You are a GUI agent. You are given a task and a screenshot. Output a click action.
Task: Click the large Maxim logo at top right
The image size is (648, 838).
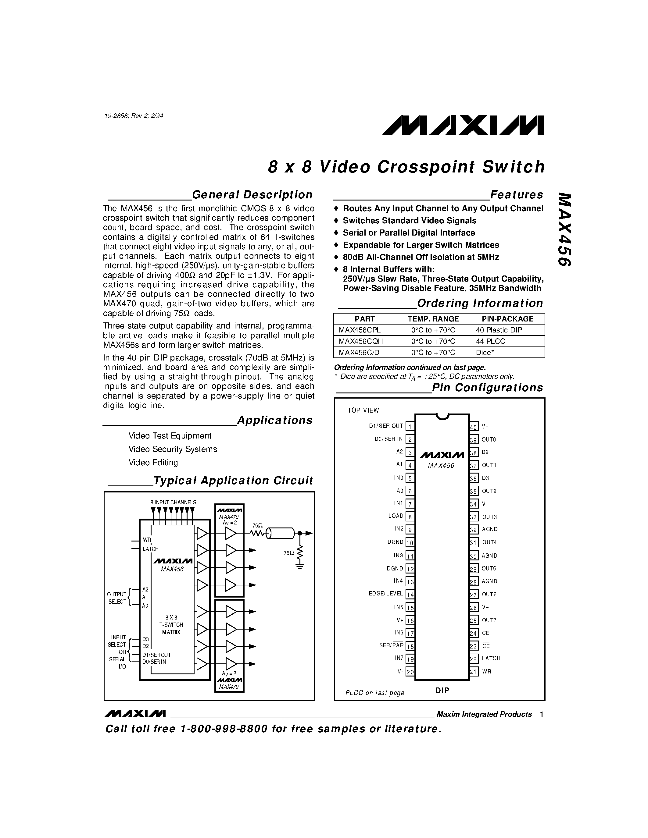(463, 126)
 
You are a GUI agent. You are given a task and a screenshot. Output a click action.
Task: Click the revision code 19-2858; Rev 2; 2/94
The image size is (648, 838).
(134, 115)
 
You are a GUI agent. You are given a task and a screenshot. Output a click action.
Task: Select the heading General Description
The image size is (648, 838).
(252, 195)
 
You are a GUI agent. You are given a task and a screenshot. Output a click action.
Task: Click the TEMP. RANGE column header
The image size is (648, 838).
(433, 319)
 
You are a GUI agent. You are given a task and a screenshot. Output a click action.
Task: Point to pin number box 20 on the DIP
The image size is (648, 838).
(410, 672)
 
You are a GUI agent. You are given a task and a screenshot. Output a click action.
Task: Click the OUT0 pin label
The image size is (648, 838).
(489, 440)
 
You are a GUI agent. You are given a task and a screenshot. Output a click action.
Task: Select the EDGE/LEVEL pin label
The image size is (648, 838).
(385, 594)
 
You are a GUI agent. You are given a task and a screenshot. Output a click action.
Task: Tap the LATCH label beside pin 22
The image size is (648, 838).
(491, 659)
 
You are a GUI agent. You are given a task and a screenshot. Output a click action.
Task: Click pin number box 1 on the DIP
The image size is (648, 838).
(410, 427)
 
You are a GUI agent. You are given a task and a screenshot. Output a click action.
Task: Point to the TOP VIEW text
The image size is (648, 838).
(363, 410)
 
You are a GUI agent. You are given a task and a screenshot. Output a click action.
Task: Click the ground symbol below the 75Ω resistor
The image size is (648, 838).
(300, 566)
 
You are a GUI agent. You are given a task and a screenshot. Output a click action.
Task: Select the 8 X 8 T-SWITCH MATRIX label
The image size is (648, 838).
(171, 625)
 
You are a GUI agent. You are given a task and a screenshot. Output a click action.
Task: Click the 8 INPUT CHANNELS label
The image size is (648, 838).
(173, 502)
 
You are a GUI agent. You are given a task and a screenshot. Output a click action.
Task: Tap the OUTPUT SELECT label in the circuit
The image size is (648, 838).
(117, 598)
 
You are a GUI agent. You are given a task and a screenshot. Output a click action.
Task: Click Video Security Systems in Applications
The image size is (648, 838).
(172, 449)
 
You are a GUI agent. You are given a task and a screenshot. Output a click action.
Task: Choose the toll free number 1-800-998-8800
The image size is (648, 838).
(224, 729)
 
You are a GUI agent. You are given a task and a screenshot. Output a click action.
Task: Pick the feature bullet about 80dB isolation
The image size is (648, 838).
(420, 257)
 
